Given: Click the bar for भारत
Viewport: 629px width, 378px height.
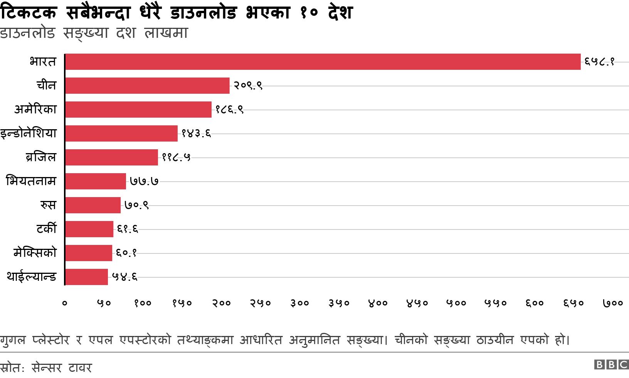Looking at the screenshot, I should tap(323, 62).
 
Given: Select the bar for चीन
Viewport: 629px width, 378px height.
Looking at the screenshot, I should tap(147, 86).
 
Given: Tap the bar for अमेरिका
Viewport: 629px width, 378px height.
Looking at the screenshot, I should tap(138, 110).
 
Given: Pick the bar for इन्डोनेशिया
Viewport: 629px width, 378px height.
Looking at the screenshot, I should tap(121, 133).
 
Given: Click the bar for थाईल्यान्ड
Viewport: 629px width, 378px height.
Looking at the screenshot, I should tap(87, 277).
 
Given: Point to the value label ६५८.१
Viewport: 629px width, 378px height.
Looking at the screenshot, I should tap(599, 62).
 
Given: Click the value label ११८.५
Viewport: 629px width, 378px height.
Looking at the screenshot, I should tap(176, 157).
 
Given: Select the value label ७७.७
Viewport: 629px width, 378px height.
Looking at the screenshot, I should tap(144, 181).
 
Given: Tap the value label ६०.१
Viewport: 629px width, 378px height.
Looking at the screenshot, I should tap(126, 253).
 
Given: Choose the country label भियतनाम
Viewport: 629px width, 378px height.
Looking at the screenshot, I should tap(31, 181).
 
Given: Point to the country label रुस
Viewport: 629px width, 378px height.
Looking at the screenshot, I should tap(48, 205).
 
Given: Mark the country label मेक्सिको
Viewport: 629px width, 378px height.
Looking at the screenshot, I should tap(35, 253).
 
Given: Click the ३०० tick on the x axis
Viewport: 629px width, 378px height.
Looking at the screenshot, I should tap(300, 303).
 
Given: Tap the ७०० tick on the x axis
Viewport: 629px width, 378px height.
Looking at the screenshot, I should tap(613, 303).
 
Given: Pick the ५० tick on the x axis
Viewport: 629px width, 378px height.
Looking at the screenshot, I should tap(104, 303).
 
